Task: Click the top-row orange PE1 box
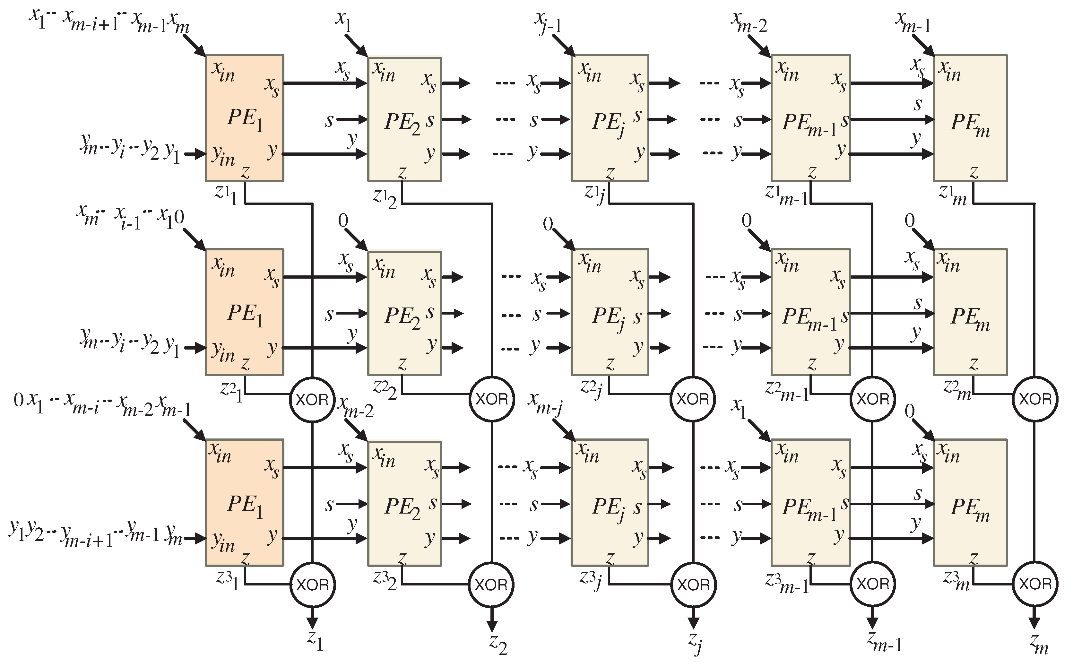pyautogui.click(x=244, y=118)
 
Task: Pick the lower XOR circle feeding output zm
pyautogui.click(x=1034, y=584)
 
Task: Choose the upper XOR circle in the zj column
pyautogui.click(x=693, y=399)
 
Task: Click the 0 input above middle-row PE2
pyautogui.click(x=343, y=221)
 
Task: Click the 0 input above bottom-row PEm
pyautogui.click(x=909, y=411)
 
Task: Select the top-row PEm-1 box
pyautogui.click(x=810, y=118)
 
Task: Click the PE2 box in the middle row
pyautogui.click(x=404, y=313)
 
